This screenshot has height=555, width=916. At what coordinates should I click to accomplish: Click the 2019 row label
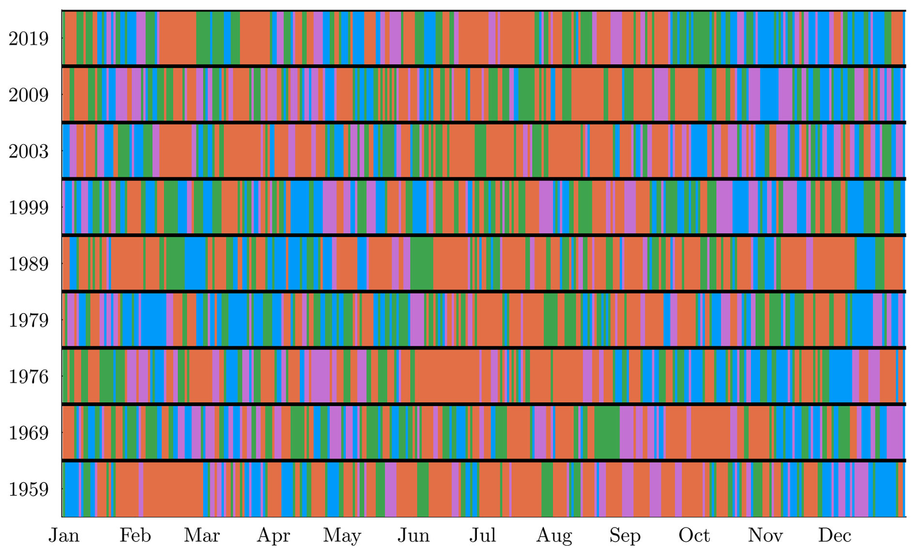(29, 39)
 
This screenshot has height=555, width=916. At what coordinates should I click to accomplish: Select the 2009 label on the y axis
(29, 95)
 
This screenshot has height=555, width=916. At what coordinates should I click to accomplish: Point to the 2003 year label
(29, 151)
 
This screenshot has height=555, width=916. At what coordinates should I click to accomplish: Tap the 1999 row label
(29, 208)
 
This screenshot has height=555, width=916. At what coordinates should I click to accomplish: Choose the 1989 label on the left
(29, 264)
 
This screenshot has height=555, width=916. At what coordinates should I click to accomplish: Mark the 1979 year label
(29, 320)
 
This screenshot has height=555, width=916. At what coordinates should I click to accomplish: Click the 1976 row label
(29, 376)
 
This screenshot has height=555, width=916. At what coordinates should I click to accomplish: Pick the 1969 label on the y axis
(29, 433)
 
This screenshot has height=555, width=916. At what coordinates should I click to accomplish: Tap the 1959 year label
(29, 489)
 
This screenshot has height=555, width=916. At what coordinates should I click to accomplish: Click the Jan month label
(64, 536)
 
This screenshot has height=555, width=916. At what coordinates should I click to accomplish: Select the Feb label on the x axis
(135, 536)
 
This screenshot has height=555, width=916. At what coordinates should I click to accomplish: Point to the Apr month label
(273, 536)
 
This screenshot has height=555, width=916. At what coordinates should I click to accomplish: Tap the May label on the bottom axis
(342, 536)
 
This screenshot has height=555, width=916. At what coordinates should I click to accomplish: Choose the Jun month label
(413, 536)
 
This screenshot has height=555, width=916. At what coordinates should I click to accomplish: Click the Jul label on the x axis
(482, 536)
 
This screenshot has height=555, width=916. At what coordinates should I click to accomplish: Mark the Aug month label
(554, 536)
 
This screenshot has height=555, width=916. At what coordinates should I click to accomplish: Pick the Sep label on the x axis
(625, 536)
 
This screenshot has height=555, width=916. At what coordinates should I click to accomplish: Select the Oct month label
(694, 536)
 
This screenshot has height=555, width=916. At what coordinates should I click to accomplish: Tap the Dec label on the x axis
(834, 536)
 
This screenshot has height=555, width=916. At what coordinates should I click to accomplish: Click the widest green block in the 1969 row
(607, 433)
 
